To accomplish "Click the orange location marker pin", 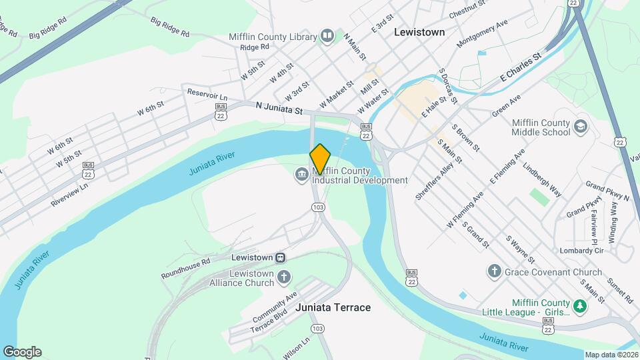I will tap(320, 159).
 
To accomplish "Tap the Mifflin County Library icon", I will tap(327, 36).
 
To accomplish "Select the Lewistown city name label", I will tap(419, 31).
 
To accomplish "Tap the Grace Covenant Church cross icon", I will tap(495, 271).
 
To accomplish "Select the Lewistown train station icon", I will tap(281, 257).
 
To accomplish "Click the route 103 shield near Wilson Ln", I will tap(318, 329).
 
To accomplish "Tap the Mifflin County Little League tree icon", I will tap(581, 307).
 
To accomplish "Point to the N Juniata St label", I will tap(280, 107).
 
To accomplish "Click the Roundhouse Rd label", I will tap(185, 268).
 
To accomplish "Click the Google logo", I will tap(22, 352).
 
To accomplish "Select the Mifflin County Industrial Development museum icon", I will tap(301, 175).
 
